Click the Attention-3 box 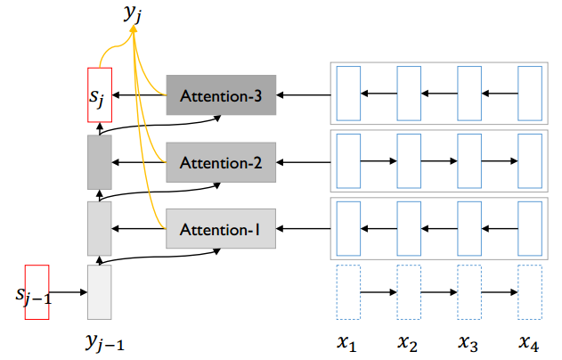221,94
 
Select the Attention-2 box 221,162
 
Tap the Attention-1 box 221,229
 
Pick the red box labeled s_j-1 38,291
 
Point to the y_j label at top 134,13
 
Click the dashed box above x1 347,292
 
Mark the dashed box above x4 529,292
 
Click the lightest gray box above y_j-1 99,292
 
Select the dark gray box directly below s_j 99,162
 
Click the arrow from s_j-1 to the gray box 69,292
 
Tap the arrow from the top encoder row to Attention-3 304,94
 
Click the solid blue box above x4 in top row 529,93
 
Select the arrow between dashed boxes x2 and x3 438,292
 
